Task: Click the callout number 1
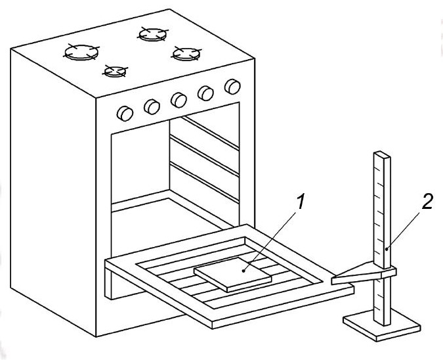(x=301, y=203)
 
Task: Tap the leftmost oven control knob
(x=123, y=113)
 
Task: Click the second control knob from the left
(x=152, y=106)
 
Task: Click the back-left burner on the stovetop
(x=80, y=52)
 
